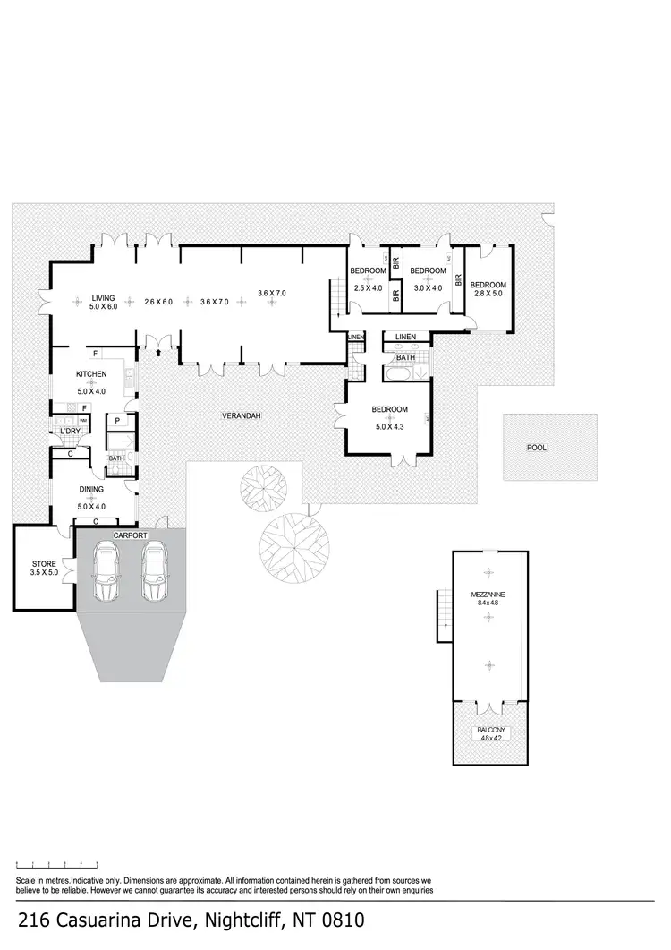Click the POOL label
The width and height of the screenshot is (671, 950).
click(x=537, y=448)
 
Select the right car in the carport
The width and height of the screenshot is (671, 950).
click(x=156, y=575)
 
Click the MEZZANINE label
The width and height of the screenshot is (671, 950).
click(x=488, y=594)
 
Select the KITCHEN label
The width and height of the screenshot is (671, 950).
click(x=91, y=374)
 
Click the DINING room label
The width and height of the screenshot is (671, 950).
click(x=91, y=490)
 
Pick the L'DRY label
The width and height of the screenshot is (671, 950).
click(x=71, y=432)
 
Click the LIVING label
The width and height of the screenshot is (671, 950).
click(x=104, y=298)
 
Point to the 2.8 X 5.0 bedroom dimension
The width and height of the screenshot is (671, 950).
click(x=488, y=293)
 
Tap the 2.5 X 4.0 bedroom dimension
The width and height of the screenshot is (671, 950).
click(x=368, y=288)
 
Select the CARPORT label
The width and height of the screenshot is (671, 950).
click(x=130, y=535)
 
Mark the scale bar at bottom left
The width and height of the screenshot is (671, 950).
click(x=56, y=865)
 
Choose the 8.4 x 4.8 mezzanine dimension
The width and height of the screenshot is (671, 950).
click(x=488, y=603)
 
